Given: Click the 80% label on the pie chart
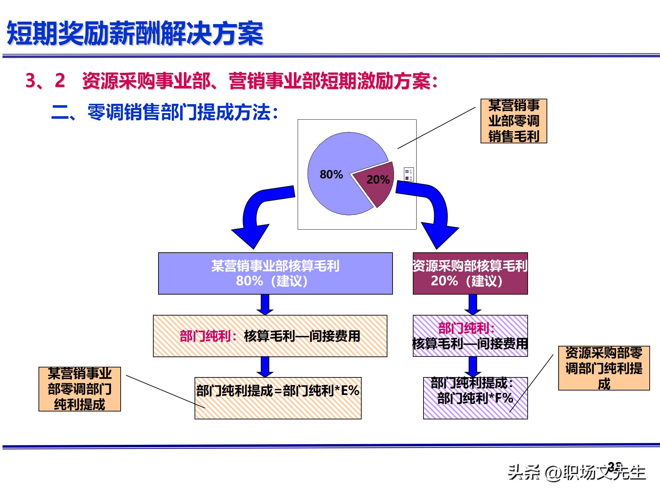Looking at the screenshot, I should [x=331, y=174].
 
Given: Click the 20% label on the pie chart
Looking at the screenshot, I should [x=378, y=179].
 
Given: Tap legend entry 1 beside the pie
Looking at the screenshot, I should [x=409, y=172].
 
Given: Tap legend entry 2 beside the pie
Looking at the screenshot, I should [x=409, y=178].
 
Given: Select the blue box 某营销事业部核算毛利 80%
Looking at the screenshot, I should [x=275, y=273].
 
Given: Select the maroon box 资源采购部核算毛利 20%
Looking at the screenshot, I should [x=470, y=273].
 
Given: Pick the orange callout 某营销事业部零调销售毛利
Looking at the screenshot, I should [x=514, y=121].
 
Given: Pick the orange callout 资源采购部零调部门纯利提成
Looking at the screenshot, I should [x=604, y=368].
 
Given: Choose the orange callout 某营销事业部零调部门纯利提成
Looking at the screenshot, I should [x=79, y=389].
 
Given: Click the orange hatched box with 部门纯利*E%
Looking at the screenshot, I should [x=278, y=398].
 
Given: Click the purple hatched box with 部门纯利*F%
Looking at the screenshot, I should [x=475, y=398].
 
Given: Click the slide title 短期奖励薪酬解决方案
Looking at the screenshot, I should [x=135, y=34].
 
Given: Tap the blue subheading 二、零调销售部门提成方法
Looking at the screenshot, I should [x=164, y=112].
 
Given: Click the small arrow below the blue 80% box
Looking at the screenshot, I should [x=265, y=305].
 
